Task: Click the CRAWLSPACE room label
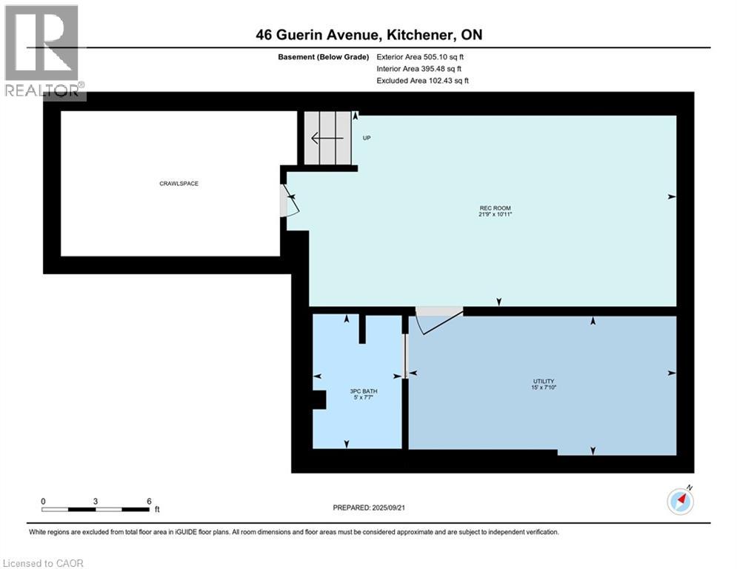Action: [x=179, y=183]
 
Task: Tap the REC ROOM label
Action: [x=496, y=207]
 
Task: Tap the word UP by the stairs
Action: [x=366, y=138]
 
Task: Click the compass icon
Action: [x=680, y=502]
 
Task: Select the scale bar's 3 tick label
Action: [x=96, y=501]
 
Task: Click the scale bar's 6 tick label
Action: [x=149, y=501]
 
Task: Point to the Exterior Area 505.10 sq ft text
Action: [x=420, y=56]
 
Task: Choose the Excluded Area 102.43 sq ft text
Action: [x=422, y=80]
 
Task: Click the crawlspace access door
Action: [x=287, y=201]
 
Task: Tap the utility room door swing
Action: [x=437, y=322]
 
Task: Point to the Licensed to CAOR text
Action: [x=44, y=563]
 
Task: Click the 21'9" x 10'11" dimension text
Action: [x=496, y=214]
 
